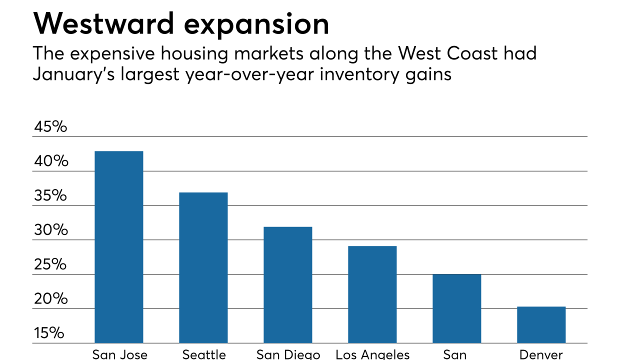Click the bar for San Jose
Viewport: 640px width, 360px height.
click(119, 247)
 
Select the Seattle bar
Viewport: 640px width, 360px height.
click(203, 267)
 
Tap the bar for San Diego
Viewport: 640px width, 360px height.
click(288, 285)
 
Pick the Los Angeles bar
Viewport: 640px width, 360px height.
click(372, 294)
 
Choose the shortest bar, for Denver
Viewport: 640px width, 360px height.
click(541, 325)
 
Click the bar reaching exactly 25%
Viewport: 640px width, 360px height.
click(457, 308)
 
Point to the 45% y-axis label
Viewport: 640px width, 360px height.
click(50, 127)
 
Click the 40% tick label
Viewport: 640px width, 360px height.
click(50, 161)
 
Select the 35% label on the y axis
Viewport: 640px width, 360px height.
click(50, 196)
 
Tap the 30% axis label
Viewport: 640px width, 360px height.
click(50, 230)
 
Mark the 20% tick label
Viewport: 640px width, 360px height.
click(50, 299)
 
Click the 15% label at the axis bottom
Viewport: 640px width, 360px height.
click(49, 333)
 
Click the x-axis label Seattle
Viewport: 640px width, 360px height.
click(204, 354)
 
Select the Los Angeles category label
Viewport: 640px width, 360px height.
click(372, 354)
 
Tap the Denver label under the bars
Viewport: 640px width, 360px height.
click(541, 354)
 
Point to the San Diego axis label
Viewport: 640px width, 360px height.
click(288, 354)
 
